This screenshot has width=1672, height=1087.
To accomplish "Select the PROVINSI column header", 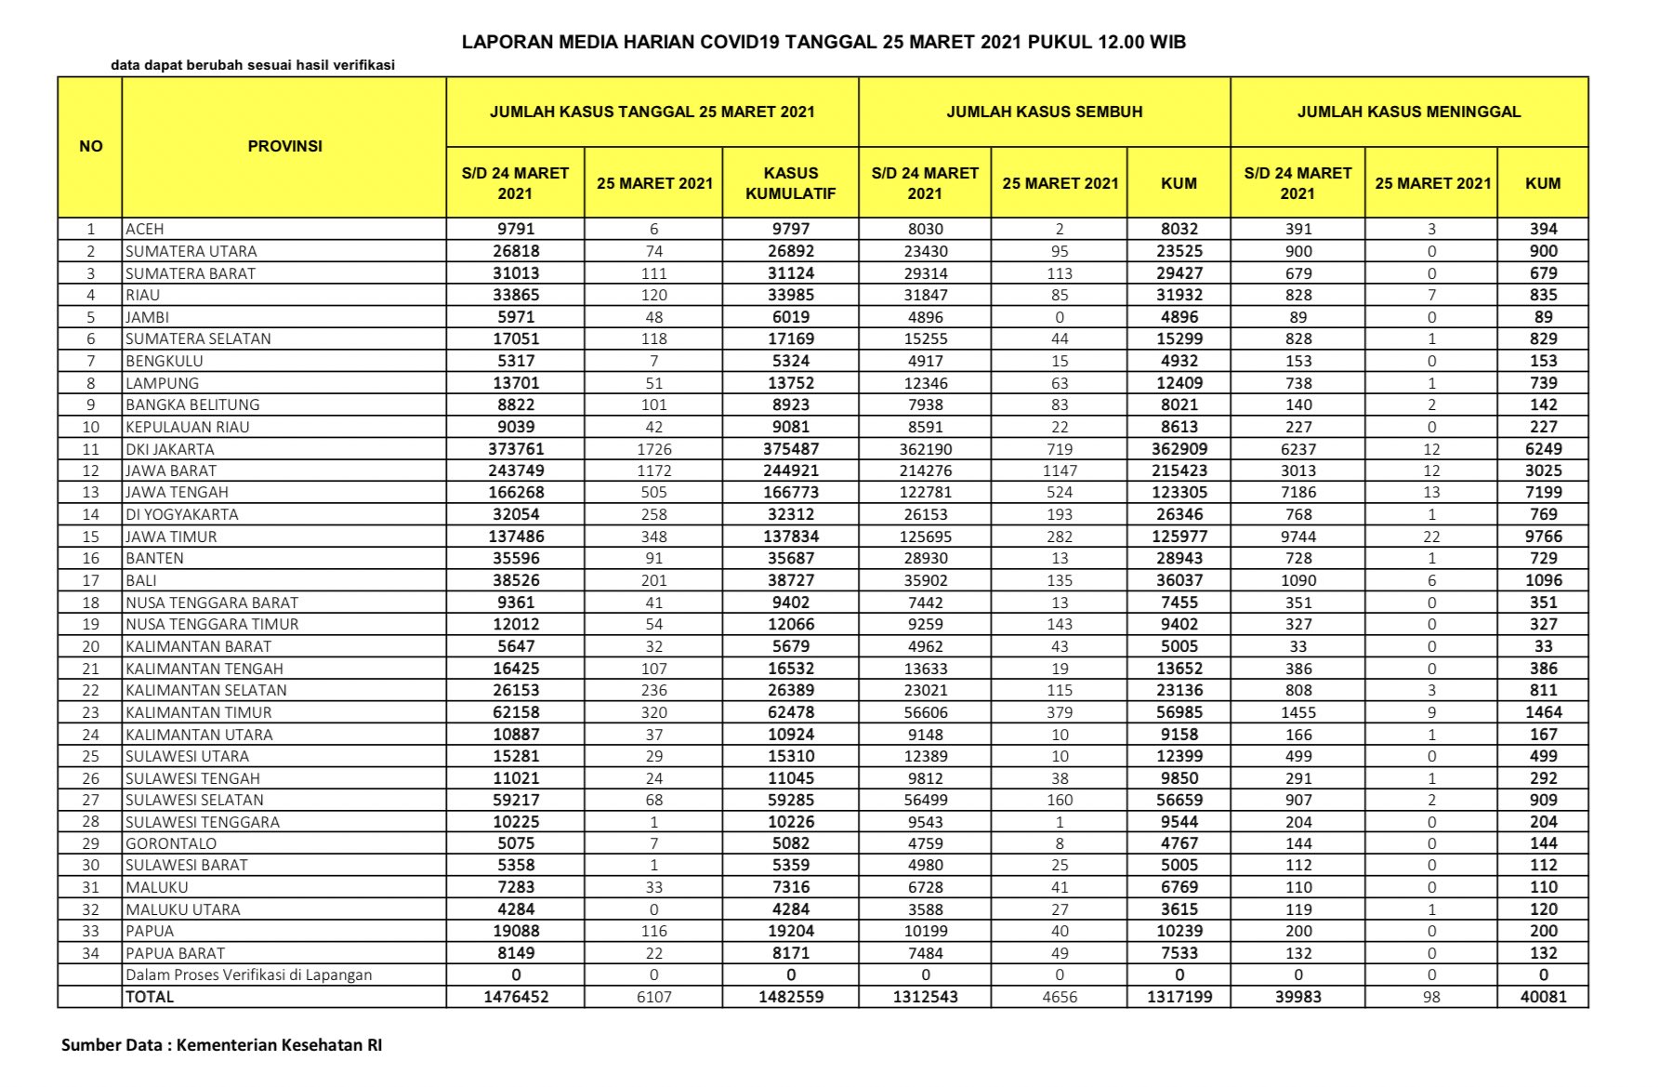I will tap(284, 146).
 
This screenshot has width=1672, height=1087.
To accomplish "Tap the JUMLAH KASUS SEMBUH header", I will tap(1044, 112).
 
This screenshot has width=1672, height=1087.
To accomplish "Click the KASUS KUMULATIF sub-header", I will tap(790, 183).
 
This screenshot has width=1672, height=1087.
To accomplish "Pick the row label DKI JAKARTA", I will tap(170, 449).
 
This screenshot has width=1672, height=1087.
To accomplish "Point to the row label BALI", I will tap(141, 580).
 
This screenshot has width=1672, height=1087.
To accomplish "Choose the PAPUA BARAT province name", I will tap(175, 953).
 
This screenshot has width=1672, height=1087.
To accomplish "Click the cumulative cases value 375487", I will tap(790, 449).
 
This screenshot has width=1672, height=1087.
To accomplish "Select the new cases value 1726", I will tap(653, 449).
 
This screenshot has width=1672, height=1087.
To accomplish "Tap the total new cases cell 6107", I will tap(653, 997).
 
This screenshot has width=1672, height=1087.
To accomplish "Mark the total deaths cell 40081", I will tap(1543, 997).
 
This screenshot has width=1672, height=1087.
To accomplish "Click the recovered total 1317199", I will tap(1178, 997).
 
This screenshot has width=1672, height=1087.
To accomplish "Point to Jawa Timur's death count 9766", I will tap(1543, 537).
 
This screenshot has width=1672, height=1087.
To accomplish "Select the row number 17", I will tap(90, 580).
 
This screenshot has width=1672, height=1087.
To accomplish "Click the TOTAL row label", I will tap(150, 997).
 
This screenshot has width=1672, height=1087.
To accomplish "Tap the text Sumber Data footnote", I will tap(221, 1045).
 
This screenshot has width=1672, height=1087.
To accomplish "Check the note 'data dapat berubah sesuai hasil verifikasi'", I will tap(253, 65).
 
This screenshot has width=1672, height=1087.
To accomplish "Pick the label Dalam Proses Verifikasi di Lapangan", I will tap(248, 974).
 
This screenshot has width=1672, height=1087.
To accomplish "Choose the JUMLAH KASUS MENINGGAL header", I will tap(1408, 112).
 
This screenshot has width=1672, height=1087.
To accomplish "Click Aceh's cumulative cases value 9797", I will tap(790, 229).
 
